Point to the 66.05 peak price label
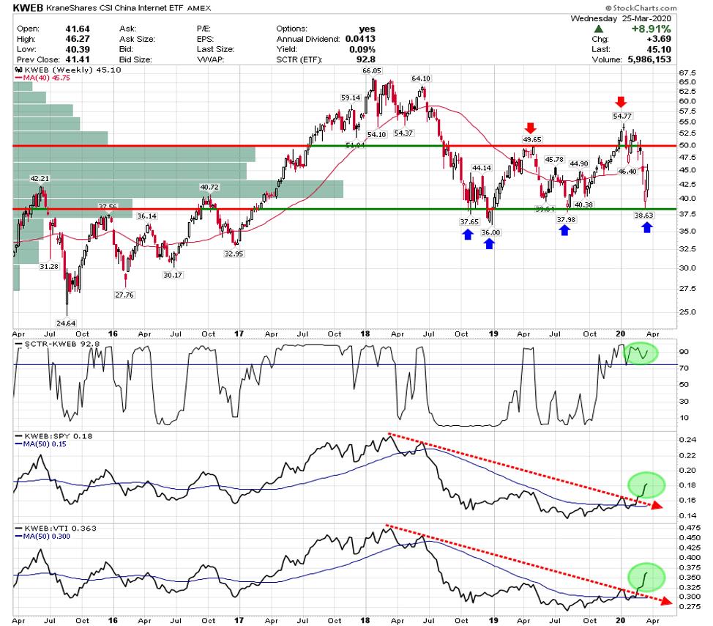pos(372,71)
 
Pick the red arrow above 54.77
pos(621,101)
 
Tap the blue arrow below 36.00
pos(489,243)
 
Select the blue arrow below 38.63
pos(647,228)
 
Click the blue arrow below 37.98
pos(564,229)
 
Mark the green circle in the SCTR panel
pos(642,353)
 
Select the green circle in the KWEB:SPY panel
pos(646,485)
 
